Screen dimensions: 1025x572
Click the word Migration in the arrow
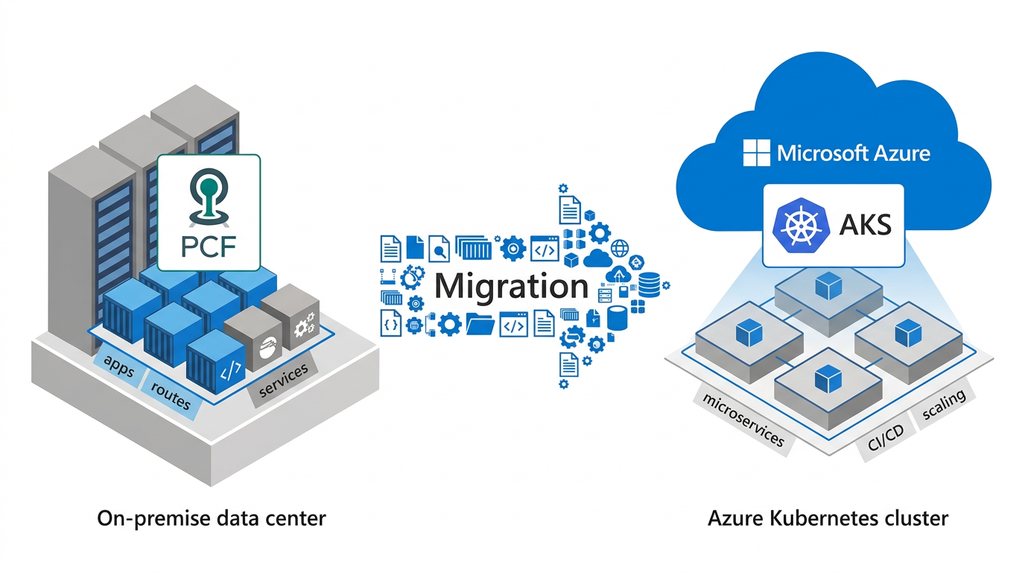(x=511, y=287)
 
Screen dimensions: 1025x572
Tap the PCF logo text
(x=209, y=247)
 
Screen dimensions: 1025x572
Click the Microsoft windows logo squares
(x=756, y=153)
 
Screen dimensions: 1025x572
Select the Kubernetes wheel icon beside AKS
(x=800, y=225)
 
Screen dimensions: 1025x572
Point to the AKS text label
(x=866, y=225)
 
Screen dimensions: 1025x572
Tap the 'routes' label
(x=171, y=395)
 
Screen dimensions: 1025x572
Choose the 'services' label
(x=283, y=380)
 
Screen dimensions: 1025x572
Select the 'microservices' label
(x=743, y=419)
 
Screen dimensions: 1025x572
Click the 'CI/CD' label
(x=886, y=437)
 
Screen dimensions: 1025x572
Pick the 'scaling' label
(x=944, y=404)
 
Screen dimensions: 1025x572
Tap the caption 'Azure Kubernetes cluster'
(x=828, y=518)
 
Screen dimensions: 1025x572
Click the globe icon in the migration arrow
(x=620, y=248)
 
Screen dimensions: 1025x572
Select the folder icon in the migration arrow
(x=480, y=325)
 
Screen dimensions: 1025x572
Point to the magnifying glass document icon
(x=439, y=249)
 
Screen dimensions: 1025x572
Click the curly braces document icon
(x=391, y=323)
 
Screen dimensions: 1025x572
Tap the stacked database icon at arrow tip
(x=649, y=285)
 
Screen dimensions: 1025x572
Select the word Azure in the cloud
(x=901, y=153)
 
